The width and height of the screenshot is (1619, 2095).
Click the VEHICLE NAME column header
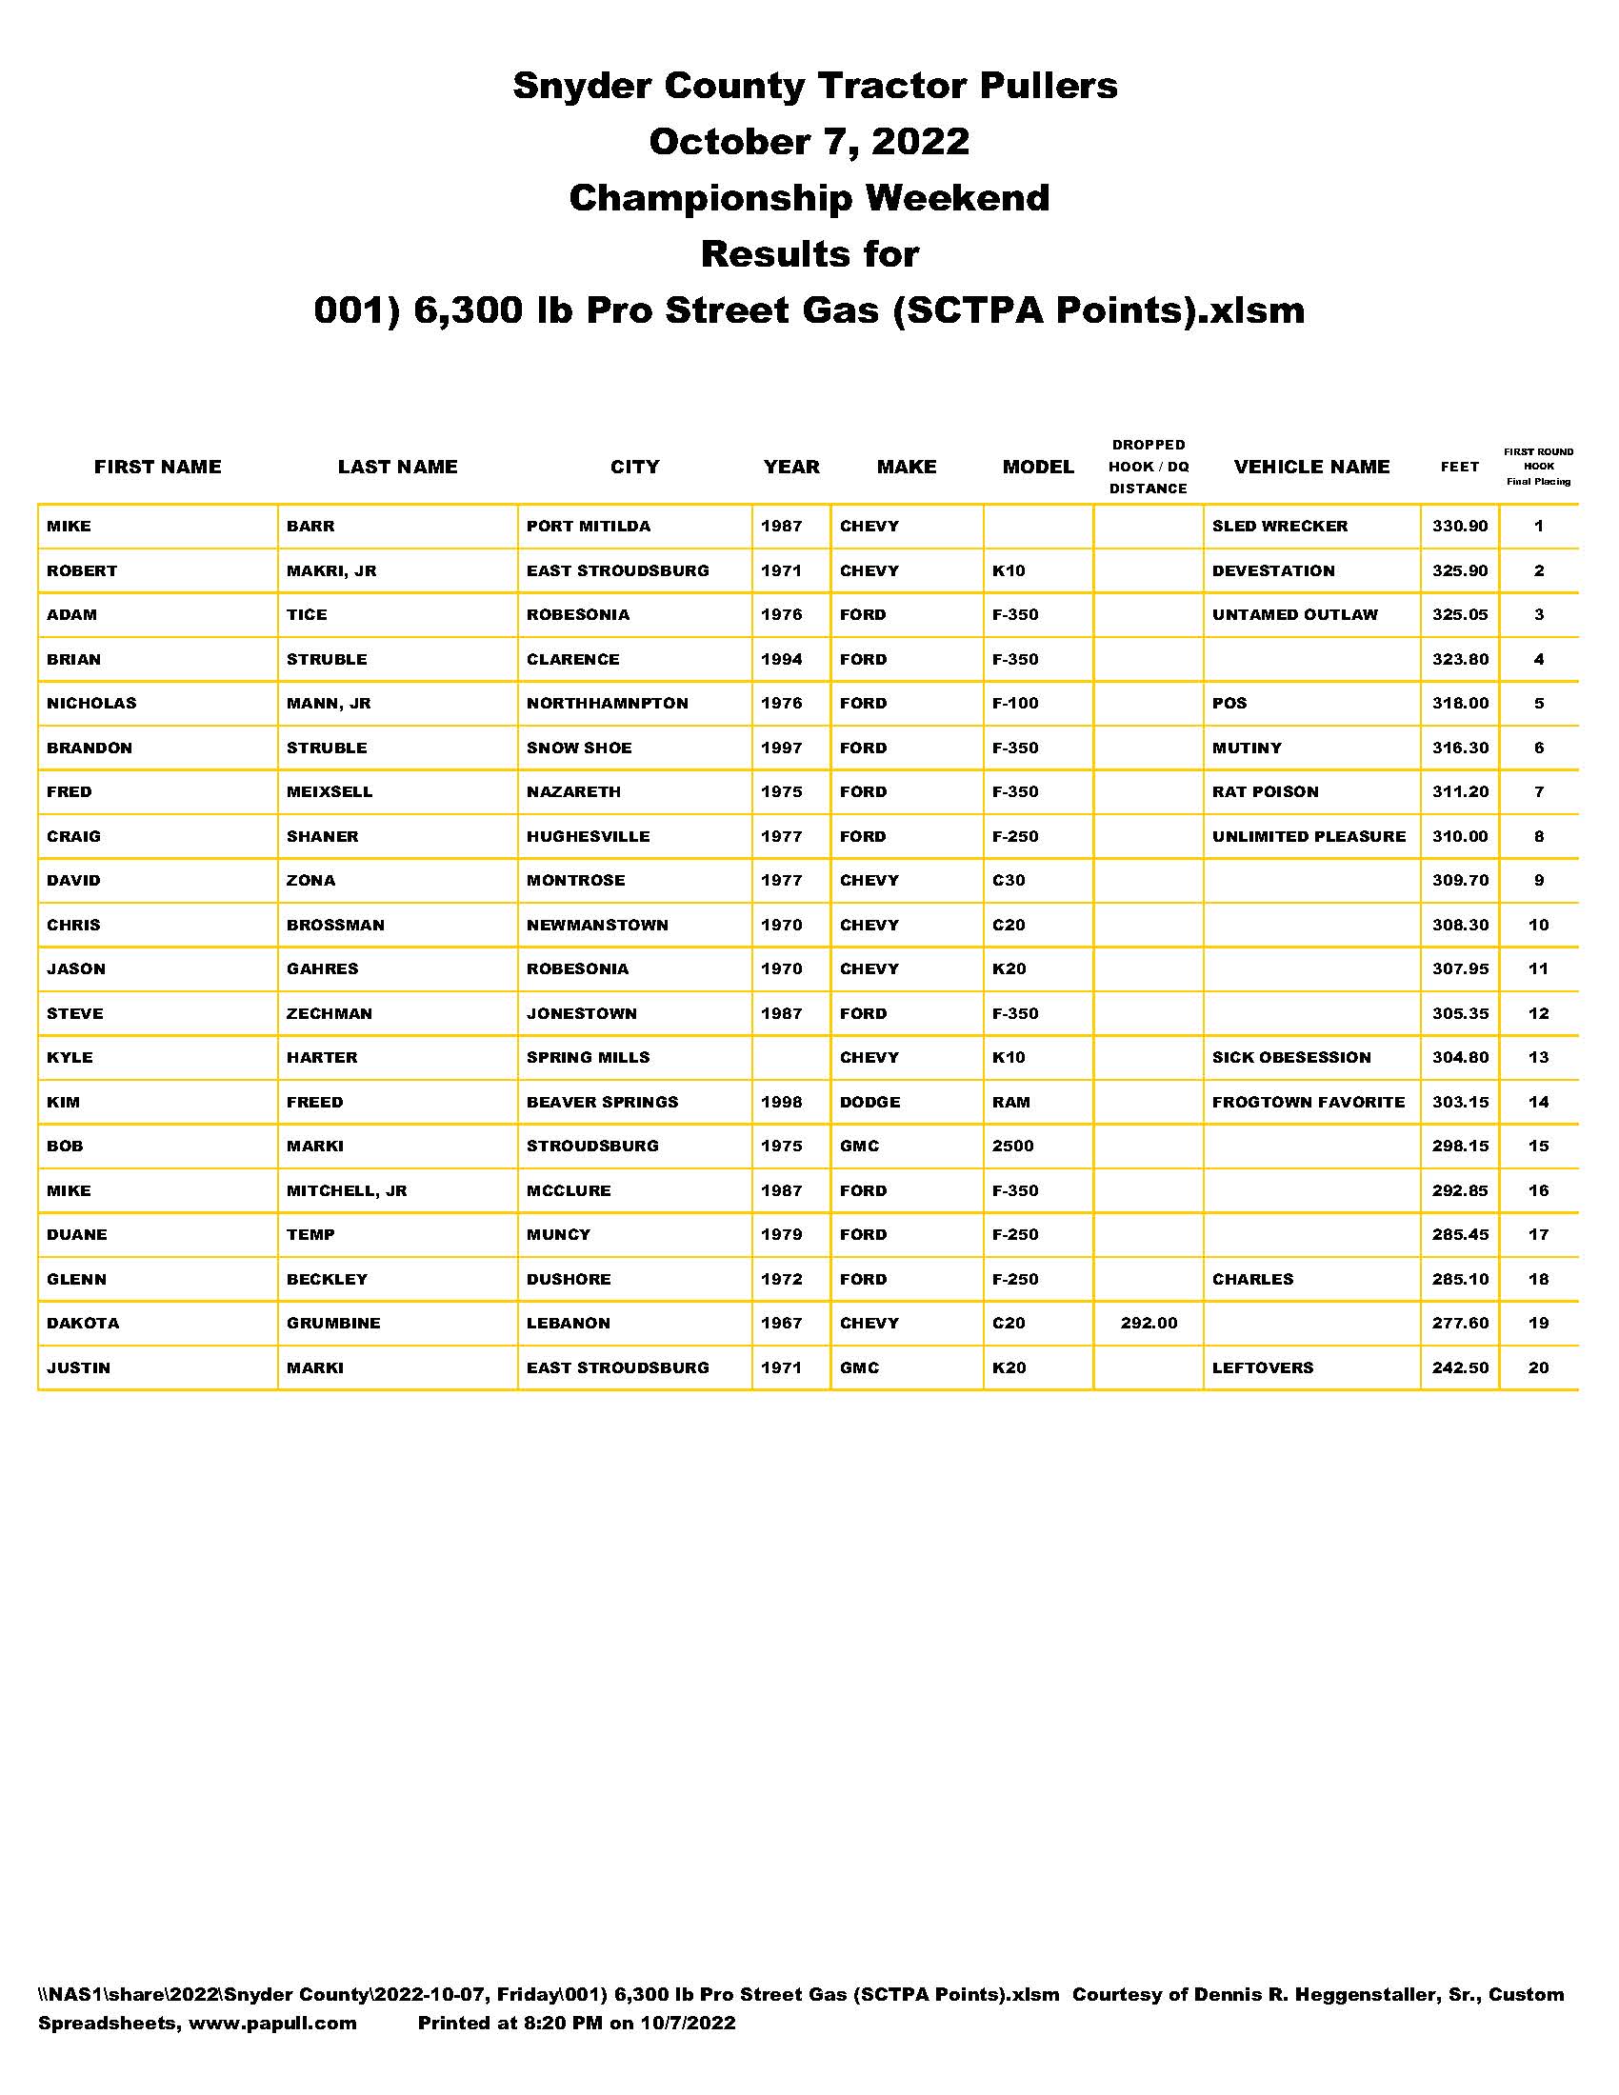pyautogui.click(x=1311, y=468)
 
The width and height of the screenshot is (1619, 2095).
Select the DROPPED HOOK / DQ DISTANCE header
pyautogui.click(x=1149, y=468)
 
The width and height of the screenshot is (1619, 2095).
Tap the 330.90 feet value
pyautogui.click(x=1460, y=527)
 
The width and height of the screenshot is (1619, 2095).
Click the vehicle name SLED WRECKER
pyautogui.click(x=1279, y=527)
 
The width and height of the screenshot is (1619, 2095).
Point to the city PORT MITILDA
pyautogui.click(x=588, y=527)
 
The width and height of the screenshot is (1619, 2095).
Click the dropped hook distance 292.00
pyautogui.click(x=1149, y=1324)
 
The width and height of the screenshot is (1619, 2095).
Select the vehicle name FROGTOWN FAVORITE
pyautogui.click(x=1309, y=1102)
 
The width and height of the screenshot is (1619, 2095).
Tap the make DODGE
pyautogui.click(x=869, y=1102)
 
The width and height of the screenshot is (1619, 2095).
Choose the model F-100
pyautogui.click(x=1015, y=703)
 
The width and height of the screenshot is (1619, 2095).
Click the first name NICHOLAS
pyautogui.click(x=92, y=703)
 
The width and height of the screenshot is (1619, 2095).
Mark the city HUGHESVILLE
pyautogui.click(x=588, y=836)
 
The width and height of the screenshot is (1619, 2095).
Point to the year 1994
pyautogui.click(x=781, y=660)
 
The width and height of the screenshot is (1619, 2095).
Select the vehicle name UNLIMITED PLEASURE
pyautogui.click(x=1309, y=836)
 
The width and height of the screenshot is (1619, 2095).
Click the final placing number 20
pyautogui.click(x=1538, y=1367)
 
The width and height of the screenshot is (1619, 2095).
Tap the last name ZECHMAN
pyautogui.click(x=329, y=1014)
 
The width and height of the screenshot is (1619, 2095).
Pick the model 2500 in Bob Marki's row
pyautogui.click(x=1013, y=1147)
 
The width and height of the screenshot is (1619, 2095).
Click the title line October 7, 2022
pyautogui.click(x=809, y=142)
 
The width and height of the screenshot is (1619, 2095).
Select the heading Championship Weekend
pyautogui.click(x=809, y=198)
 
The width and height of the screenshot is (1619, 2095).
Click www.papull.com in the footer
pyautogui.click(x=272, y=2023)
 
